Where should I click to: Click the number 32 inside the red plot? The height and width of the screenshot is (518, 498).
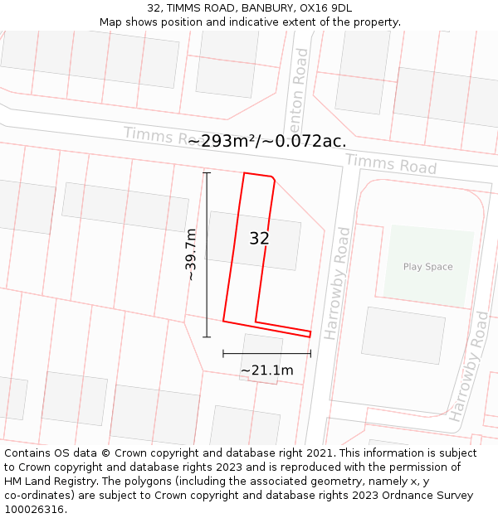[x=259, y=239]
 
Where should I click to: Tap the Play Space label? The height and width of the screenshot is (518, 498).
[x=427, y=267]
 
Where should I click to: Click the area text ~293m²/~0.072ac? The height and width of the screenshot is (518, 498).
[x=266, y=141]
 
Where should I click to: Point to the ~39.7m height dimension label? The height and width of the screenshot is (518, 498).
[x=191, y=254]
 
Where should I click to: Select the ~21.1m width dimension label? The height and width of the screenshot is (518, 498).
[x=267, y=370]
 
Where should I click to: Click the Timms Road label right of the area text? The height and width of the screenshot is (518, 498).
[x=390, y=164]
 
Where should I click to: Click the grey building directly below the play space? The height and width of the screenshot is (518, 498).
[x=403, y=335]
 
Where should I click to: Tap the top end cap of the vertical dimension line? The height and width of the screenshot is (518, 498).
[x=207, y=172]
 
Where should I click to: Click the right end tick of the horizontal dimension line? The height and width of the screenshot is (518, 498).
[x=310, y=353]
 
